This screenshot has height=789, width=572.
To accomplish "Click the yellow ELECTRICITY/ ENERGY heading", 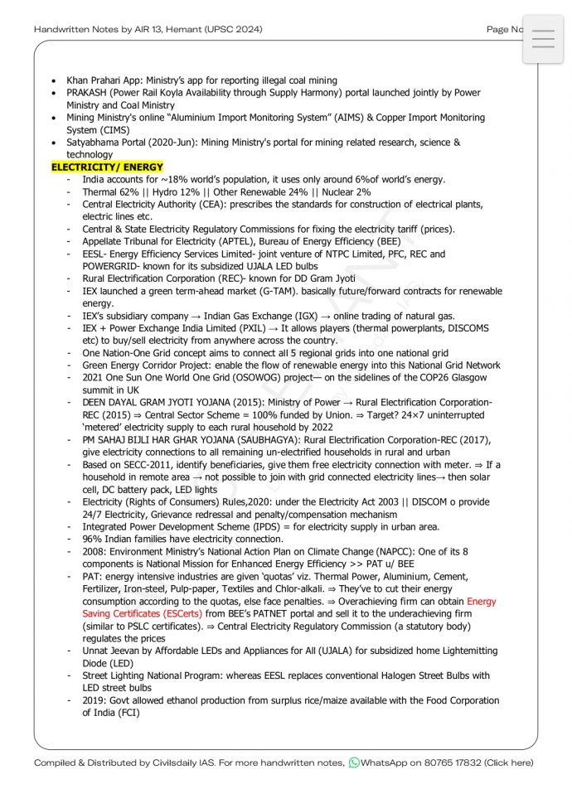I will click(107, 167).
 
